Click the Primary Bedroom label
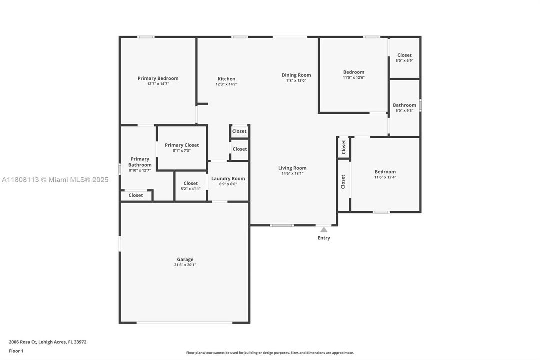[x=158, y=78]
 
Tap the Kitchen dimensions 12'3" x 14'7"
[x=226, y=84]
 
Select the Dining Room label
[x=296, y=75]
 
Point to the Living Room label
[x=292, y=168]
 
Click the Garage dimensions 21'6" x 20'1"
[x=185, y=265]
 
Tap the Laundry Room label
[x=228, y=179]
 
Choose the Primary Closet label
[x=182, y=145]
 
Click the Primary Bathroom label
[x=140, y=162]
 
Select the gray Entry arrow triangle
[x=324, y=230]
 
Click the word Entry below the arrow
[x=324, y=238]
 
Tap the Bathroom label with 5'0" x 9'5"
[x=404, y=105]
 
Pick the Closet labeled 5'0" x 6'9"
[x=404, y=55]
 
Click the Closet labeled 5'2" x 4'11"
[x=190, y=183]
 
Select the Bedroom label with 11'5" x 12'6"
[x=353, y=72]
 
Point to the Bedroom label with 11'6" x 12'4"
[x=385, y=172]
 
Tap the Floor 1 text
[x=16, y=351]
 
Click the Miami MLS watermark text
[x=55, y=180]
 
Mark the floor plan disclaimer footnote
[x=270, y=353]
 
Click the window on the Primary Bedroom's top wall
[x=146, y=37]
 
